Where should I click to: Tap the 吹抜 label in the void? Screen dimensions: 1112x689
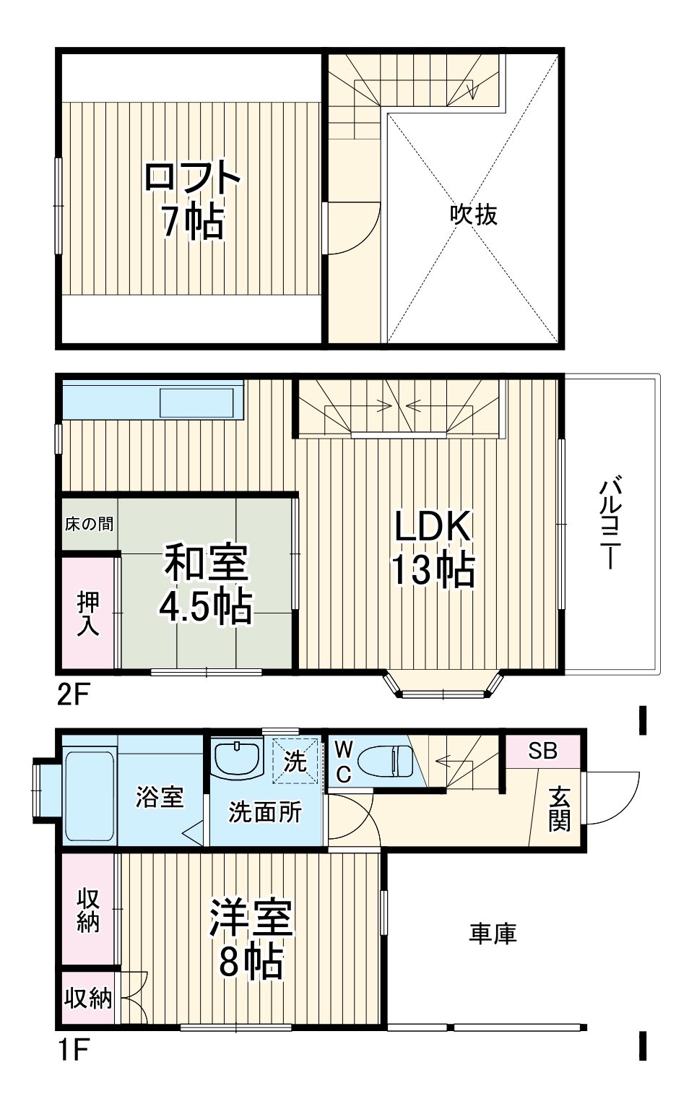(474, 215)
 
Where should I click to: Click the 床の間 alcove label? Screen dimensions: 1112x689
(89, 524)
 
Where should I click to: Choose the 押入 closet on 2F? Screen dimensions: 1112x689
(88, 613)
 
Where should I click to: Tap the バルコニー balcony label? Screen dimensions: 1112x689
(611, 522)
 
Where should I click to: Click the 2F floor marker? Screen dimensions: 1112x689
(72, 695)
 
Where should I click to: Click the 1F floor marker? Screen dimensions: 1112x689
(72, 1048)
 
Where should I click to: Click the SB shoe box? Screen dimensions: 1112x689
(542, 751)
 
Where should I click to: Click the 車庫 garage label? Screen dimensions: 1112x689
(493, 934)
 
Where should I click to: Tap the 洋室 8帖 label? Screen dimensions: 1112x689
(251, 938)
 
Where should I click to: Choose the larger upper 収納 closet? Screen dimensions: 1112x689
(88, 909)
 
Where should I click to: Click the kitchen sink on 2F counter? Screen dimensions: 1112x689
(196, 402)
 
